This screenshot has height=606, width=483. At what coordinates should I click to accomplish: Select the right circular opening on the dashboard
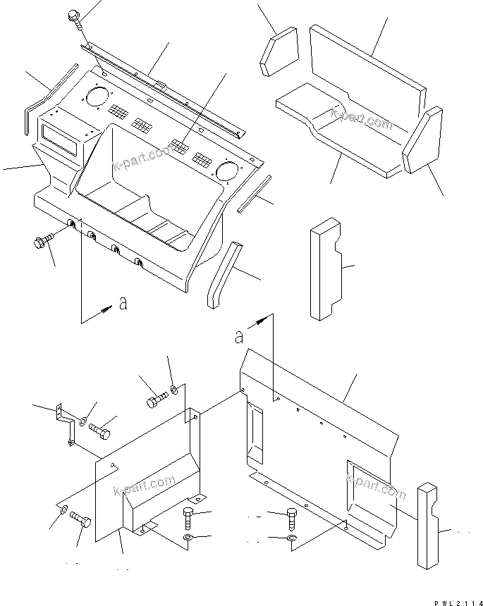tap(228, 170)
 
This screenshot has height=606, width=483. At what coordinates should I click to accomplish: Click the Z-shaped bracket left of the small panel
tap(66, 425)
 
